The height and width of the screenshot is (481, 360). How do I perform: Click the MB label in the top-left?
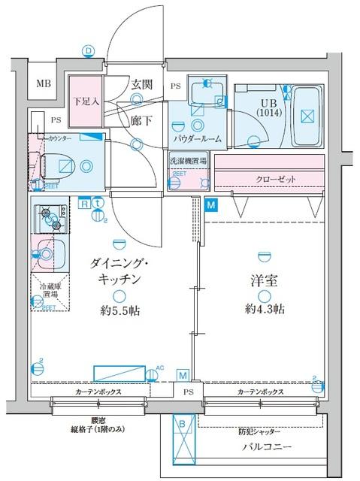click(44, 83)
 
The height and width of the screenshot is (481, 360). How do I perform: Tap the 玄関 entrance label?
click(141, 83)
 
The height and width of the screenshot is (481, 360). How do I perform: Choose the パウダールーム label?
click(197, 140)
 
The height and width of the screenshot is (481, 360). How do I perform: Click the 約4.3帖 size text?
click(263, 310)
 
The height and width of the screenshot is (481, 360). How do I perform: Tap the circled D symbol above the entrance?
click(89, 50)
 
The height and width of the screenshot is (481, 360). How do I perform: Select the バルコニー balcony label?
click(261, 450)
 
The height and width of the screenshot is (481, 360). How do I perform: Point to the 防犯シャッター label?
click(261, 432)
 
